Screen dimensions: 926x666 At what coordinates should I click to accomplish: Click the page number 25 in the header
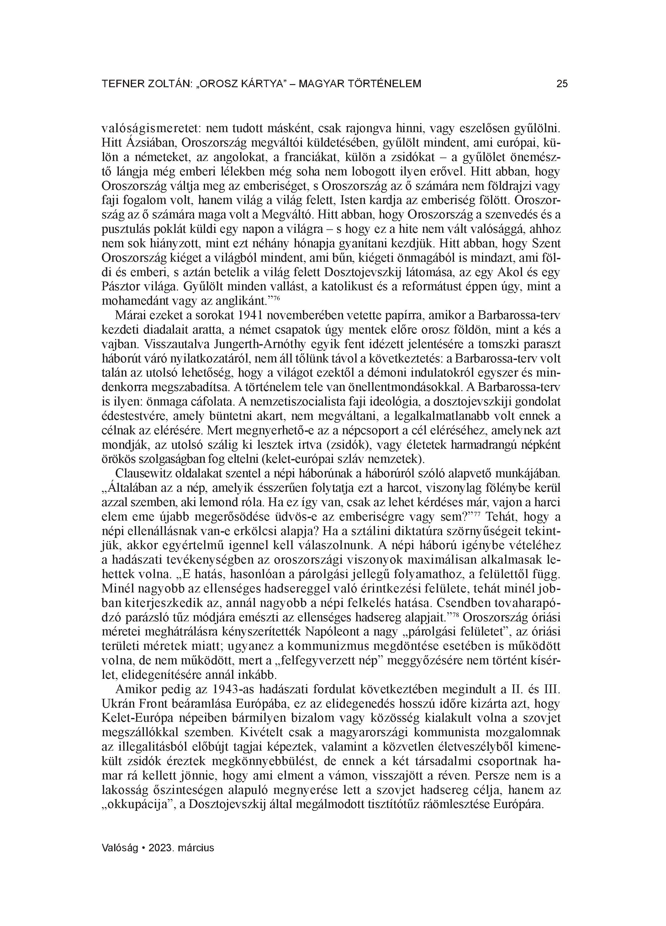coord(562,84)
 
